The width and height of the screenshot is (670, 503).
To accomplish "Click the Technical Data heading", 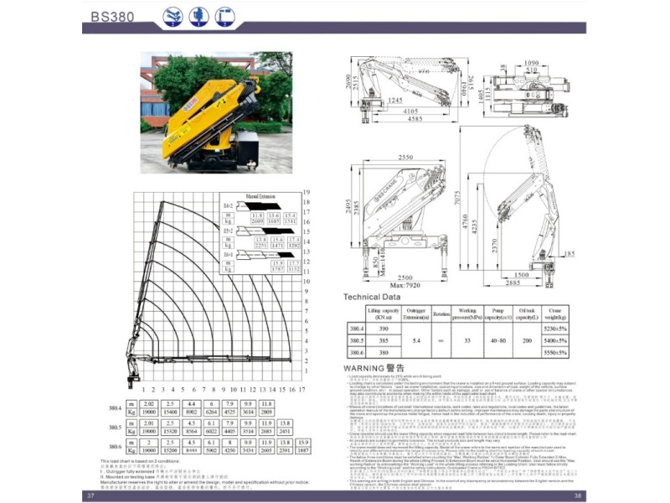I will [372, 298].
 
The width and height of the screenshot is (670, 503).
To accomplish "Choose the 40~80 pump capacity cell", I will [497, 342].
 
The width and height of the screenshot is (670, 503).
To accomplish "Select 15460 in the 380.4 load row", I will [169, 412].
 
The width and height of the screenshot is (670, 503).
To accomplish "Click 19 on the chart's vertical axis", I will [307, 192].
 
